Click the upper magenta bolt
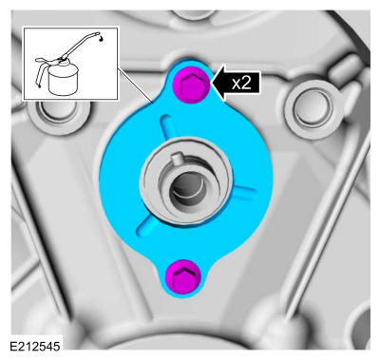click(191, 85)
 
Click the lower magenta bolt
click(183, 277)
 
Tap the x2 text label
click(241, 83)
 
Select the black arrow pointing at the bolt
click(236, 83)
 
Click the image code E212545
click(34, 346)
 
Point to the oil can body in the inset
click(63, 81)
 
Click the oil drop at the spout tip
click(101, 38)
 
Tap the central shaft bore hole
click(187, 191)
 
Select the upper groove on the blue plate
click(166, 127)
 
